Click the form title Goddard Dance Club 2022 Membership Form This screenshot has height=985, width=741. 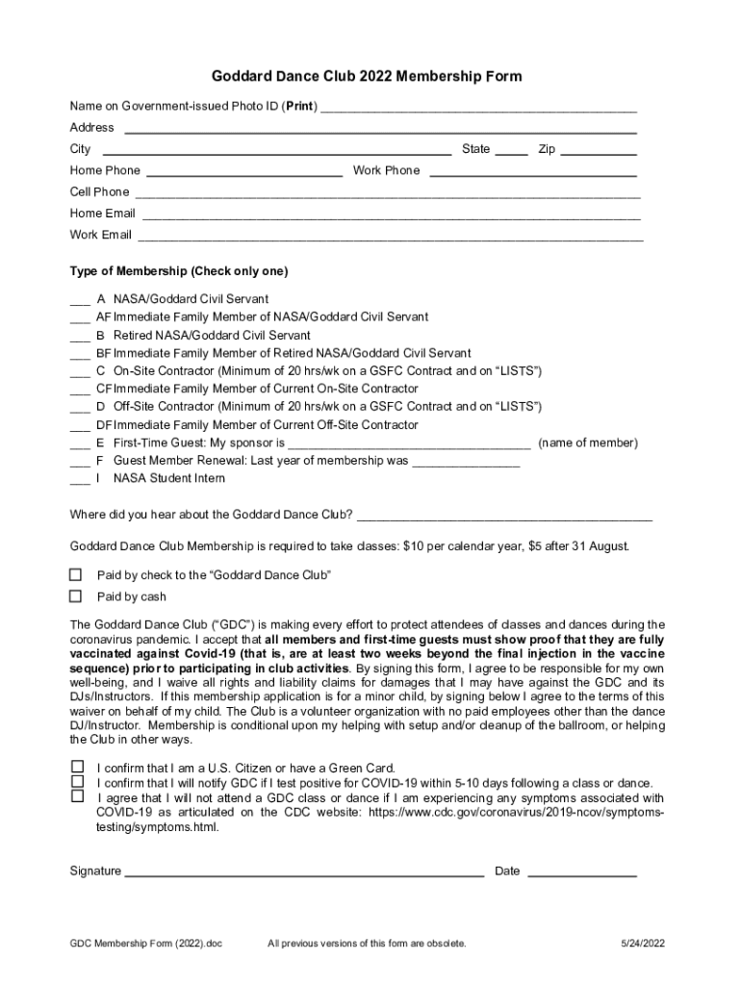coord(368,76)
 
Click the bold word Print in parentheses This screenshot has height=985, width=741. coord(300,106)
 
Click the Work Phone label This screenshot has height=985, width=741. coord(387,170)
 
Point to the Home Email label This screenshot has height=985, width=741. coord(102,214)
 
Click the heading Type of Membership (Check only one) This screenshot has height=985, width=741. coord(179,271)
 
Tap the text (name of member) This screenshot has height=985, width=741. coord(588,443)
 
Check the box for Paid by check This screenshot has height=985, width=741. coord(76,575)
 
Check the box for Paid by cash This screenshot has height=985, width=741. coord(76,596)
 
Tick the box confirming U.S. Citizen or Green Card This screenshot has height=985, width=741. coord(77,767)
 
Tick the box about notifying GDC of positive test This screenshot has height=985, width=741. coord(77,782)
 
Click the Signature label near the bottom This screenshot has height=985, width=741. coord(95,871)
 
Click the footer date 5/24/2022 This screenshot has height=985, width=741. coord(643,944)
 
